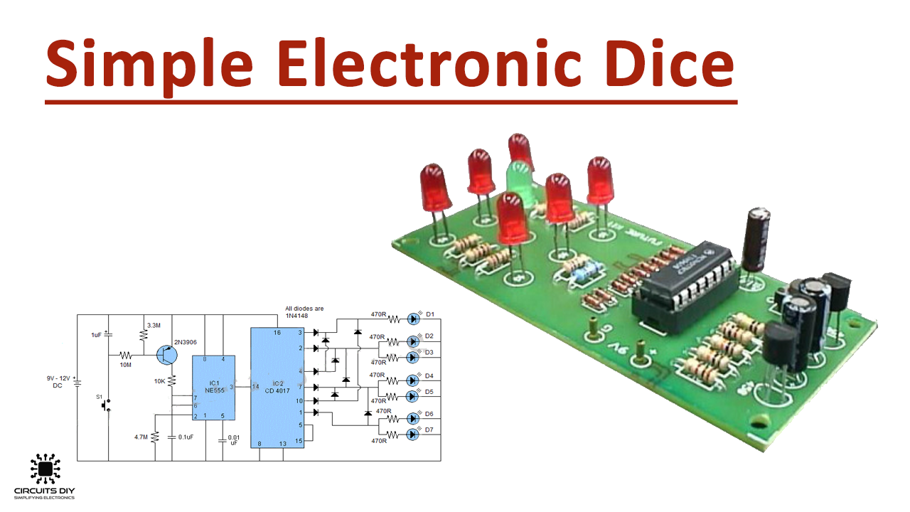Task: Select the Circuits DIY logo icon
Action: click(x=45, y=469)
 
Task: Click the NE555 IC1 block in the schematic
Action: click(x=213, y=388)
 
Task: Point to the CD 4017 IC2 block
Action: click(x=277, y=388)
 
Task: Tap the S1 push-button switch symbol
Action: click(x=107, y=405)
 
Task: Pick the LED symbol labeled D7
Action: click(x=413, y=434)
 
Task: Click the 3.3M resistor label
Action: click(x=154, y=325)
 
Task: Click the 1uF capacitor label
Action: click(x=96, y=334)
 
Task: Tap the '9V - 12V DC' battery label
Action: click(x=58, y=382)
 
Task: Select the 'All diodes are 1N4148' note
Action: click(x=304, y=311)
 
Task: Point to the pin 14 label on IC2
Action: click(x=255, y=387)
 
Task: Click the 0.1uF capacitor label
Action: click(x=186, y=437)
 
